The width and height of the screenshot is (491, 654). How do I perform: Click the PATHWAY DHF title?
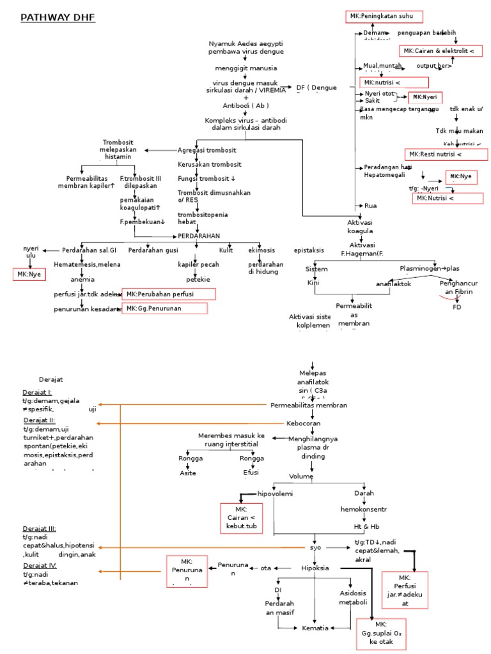(58, 18)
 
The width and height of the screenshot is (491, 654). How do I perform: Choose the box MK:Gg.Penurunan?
(165, 308)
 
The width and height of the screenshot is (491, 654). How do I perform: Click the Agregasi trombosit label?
(207, 150)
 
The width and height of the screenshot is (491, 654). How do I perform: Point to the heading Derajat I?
(37, 392)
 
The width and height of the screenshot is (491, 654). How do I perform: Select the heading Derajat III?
(39, 529)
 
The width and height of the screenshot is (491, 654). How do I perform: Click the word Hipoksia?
(315, 568)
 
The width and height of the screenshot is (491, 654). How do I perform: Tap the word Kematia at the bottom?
(315, 628)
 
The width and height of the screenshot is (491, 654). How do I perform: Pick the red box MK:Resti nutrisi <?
(446, 155)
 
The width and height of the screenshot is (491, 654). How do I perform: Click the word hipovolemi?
(274, 494)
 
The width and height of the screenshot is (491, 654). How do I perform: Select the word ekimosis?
(261, 250)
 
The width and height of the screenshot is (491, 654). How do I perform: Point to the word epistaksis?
(309, 250)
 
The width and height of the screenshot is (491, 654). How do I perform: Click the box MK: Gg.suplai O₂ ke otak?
(381, 633)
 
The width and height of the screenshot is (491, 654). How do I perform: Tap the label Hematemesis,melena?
(87, 264)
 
